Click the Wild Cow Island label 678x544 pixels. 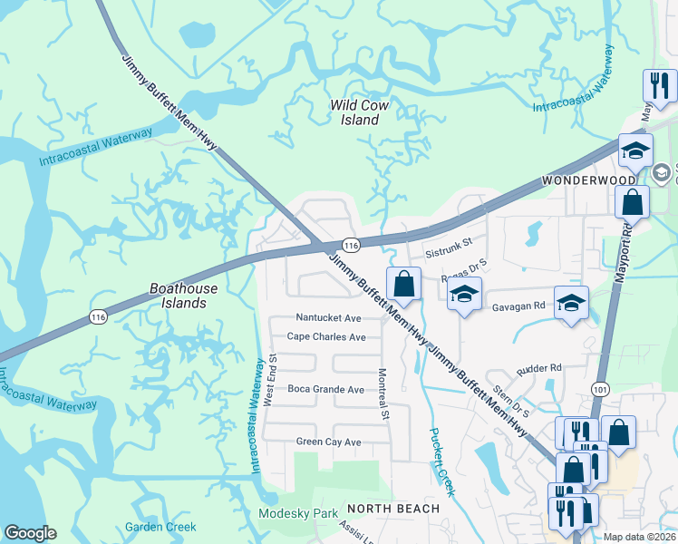tap(360, 112)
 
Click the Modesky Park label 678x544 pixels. tap(297, 513)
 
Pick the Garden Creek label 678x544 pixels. tap(160, 527)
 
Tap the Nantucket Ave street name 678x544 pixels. tap(328, 318)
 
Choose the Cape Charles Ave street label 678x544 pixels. tap(326, 336)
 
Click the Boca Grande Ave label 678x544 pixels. tap(325, 389)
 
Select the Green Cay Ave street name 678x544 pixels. tap(328, 442)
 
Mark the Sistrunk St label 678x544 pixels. tap(450, 243)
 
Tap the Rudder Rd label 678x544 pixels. tap(539, 368)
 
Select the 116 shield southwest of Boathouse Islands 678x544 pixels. tap(97, 316)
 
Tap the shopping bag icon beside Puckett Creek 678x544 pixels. tap(404, 285)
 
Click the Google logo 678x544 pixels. tap(30, 532)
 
